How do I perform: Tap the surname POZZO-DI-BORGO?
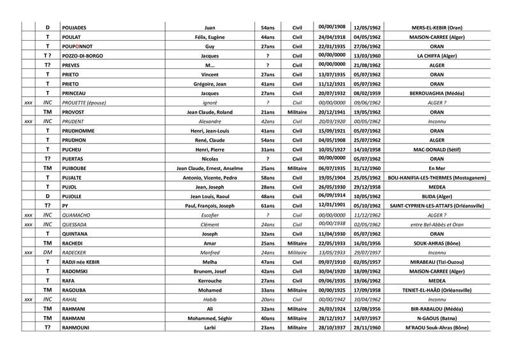(82, 56)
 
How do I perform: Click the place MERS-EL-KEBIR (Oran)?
(437, 28)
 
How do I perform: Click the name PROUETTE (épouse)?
(85, 103)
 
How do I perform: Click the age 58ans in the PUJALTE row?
(268, 178)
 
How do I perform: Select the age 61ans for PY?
(268, 206)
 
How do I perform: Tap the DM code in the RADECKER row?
(47, 252)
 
